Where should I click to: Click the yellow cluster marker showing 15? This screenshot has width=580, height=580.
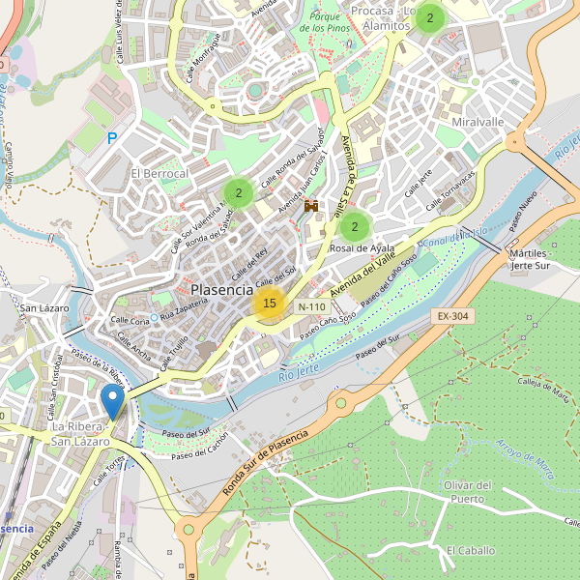click(269, 304)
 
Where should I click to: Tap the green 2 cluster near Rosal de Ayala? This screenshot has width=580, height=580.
click(355, 227)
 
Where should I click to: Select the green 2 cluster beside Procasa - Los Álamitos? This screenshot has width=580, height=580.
click(430, 17)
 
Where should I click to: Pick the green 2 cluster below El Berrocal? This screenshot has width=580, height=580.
click(238, 192)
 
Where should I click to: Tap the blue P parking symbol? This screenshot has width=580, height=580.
click(112, 139)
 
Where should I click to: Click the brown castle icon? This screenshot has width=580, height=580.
click(311, 207)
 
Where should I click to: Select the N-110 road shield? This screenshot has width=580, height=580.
click(311, 306)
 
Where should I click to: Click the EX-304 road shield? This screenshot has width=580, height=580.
click(451, 316)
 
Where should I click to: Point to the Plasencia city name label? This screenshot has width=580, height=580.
click(222, 289)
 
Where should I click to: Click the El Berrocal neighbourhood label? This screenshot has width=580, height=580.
click(159, 173)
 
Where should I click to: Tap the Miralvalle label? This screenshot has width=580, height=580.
click(478, 123)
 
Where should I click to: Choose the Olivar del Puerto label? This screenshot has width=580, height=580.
click(468, 492)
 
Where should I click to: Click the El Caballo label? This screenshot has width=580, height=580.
click(470, 550)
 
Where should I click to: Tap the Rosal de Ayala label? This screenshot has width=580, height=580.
click(362, 248)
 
